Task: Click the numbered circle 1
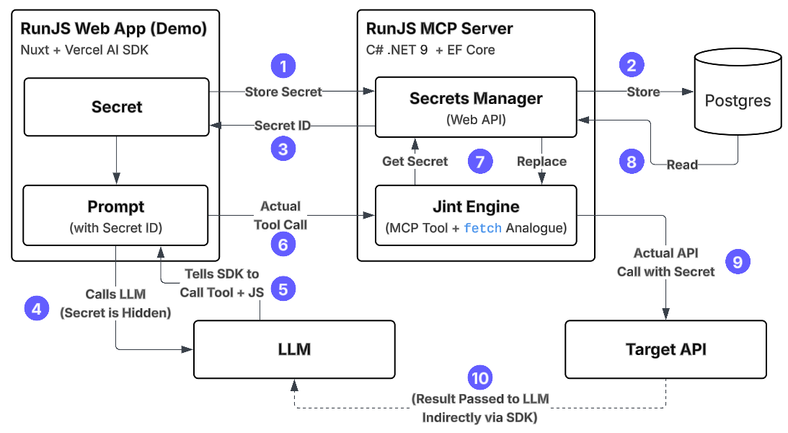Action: [283, 66]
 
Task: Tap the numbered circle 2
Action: [632, 66]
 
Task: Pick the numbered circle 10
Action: [479, 377]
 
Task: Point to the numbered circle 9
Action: [738, 261]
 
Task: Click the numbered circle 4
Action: [37, 309]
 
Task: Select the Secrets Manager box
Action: [476, 107]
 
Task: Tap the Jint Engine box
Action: [476, 215]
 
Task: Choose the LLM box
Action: [294, 349]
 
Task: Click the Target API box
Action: [665, 349]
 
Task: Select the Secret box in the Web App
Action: [117, 107]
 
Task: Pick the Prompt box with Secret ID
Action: [116, 215]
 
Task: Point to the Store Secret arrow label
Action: [283, 92]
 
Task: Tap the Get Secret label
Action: [415, 161]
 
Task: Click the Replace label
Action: [541, 161]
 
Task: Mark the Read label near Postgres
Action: [681, 165]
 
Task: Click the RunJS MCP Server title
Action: [439, 29]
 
